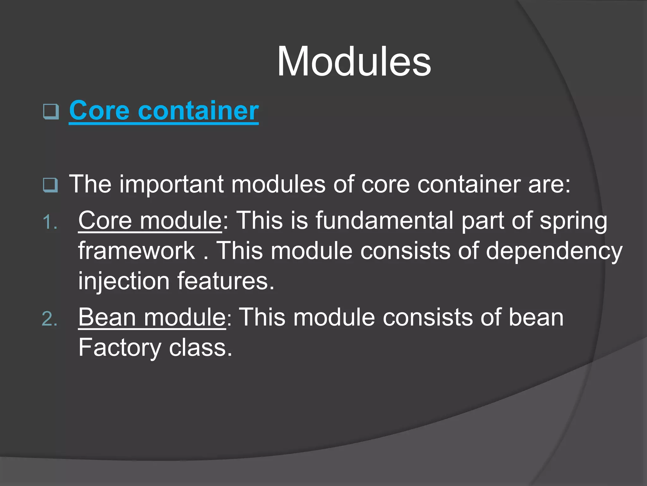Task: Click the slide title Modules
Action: click(x=354, y=61)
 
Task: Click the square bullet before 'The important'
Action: click(x=51, y=185)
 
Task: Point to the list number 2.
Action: click(x=50, y=319)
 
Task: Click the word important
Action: click(x=171, y=184)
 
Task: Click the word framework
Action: click(x=137, y=251)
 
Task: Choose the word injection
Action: click(x=124, y=281)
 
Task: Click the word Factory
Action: click(x=119, y=348)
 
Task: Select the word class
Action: click(x=200, y=347)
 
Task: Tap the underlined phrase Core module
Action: click(x=150, y=220)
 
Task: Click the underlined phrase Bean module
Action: click(x=152, y=317)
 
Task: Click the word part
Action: click(x=482, y=221)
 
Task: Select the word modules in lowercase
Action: click(x=278, y=184)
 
